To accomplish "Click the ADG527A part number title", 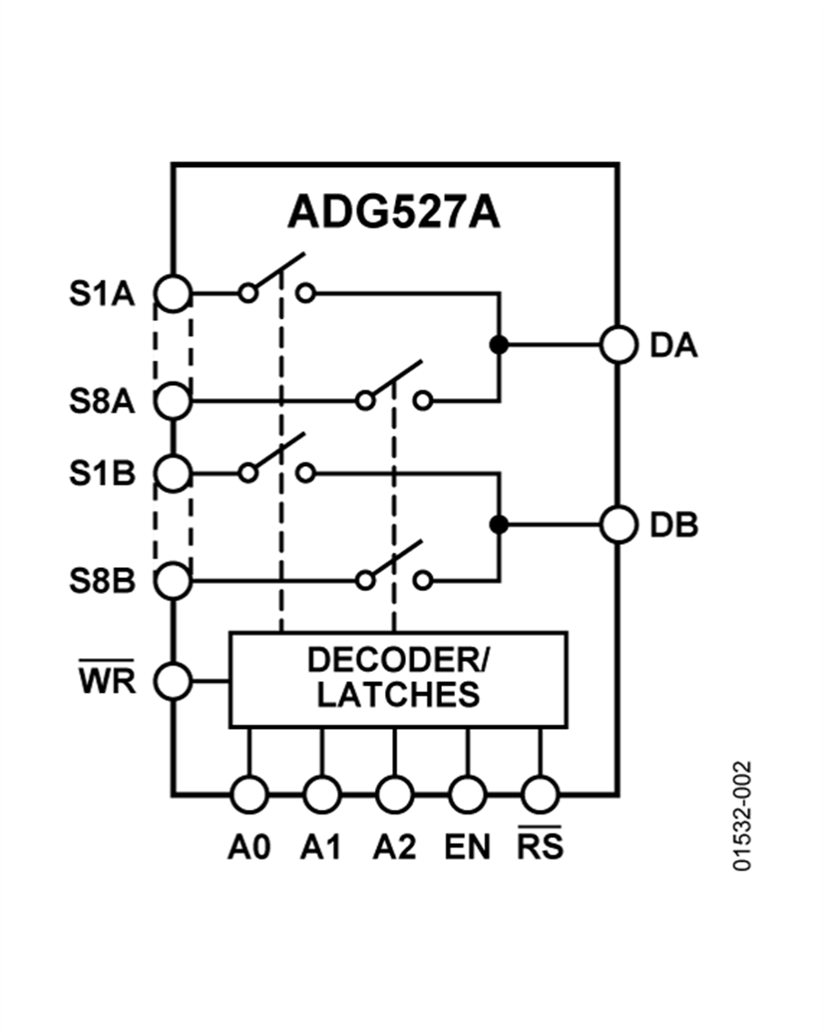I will click(x=393, y=212).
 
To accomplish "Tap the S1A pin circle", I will click(x=173, y=293).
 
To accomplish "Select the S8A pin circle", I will click(x=173, y=401).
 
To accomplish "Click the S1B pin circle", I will click(x=173, y=473).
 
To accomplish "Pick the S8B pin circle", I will click(x=173, y=581).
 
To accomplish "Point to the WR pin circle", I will click(x=173, y=681).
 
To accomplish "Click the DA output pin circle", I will click(x=618, y=346).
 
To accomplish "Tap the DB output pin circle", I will click(x=618, y=525).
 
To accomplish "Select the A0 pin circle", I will click(x=249, y=792).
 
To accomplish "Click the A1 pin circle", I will click(x=322, y=792).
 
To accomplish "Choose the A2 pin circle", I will click(x=394, y=792).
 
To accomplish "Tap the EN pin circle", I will click(x=467, y=792).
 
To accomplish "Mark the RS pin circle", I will click(x=539, y=792).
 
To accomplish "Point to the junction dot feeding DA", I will click(x=499, y=346).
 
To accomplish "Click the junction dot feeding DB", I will click(x=499, y=525).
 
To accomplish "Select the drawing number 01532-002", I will click(x=742, y=815).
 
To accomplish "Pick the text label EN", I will click(x=467, y=847).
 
